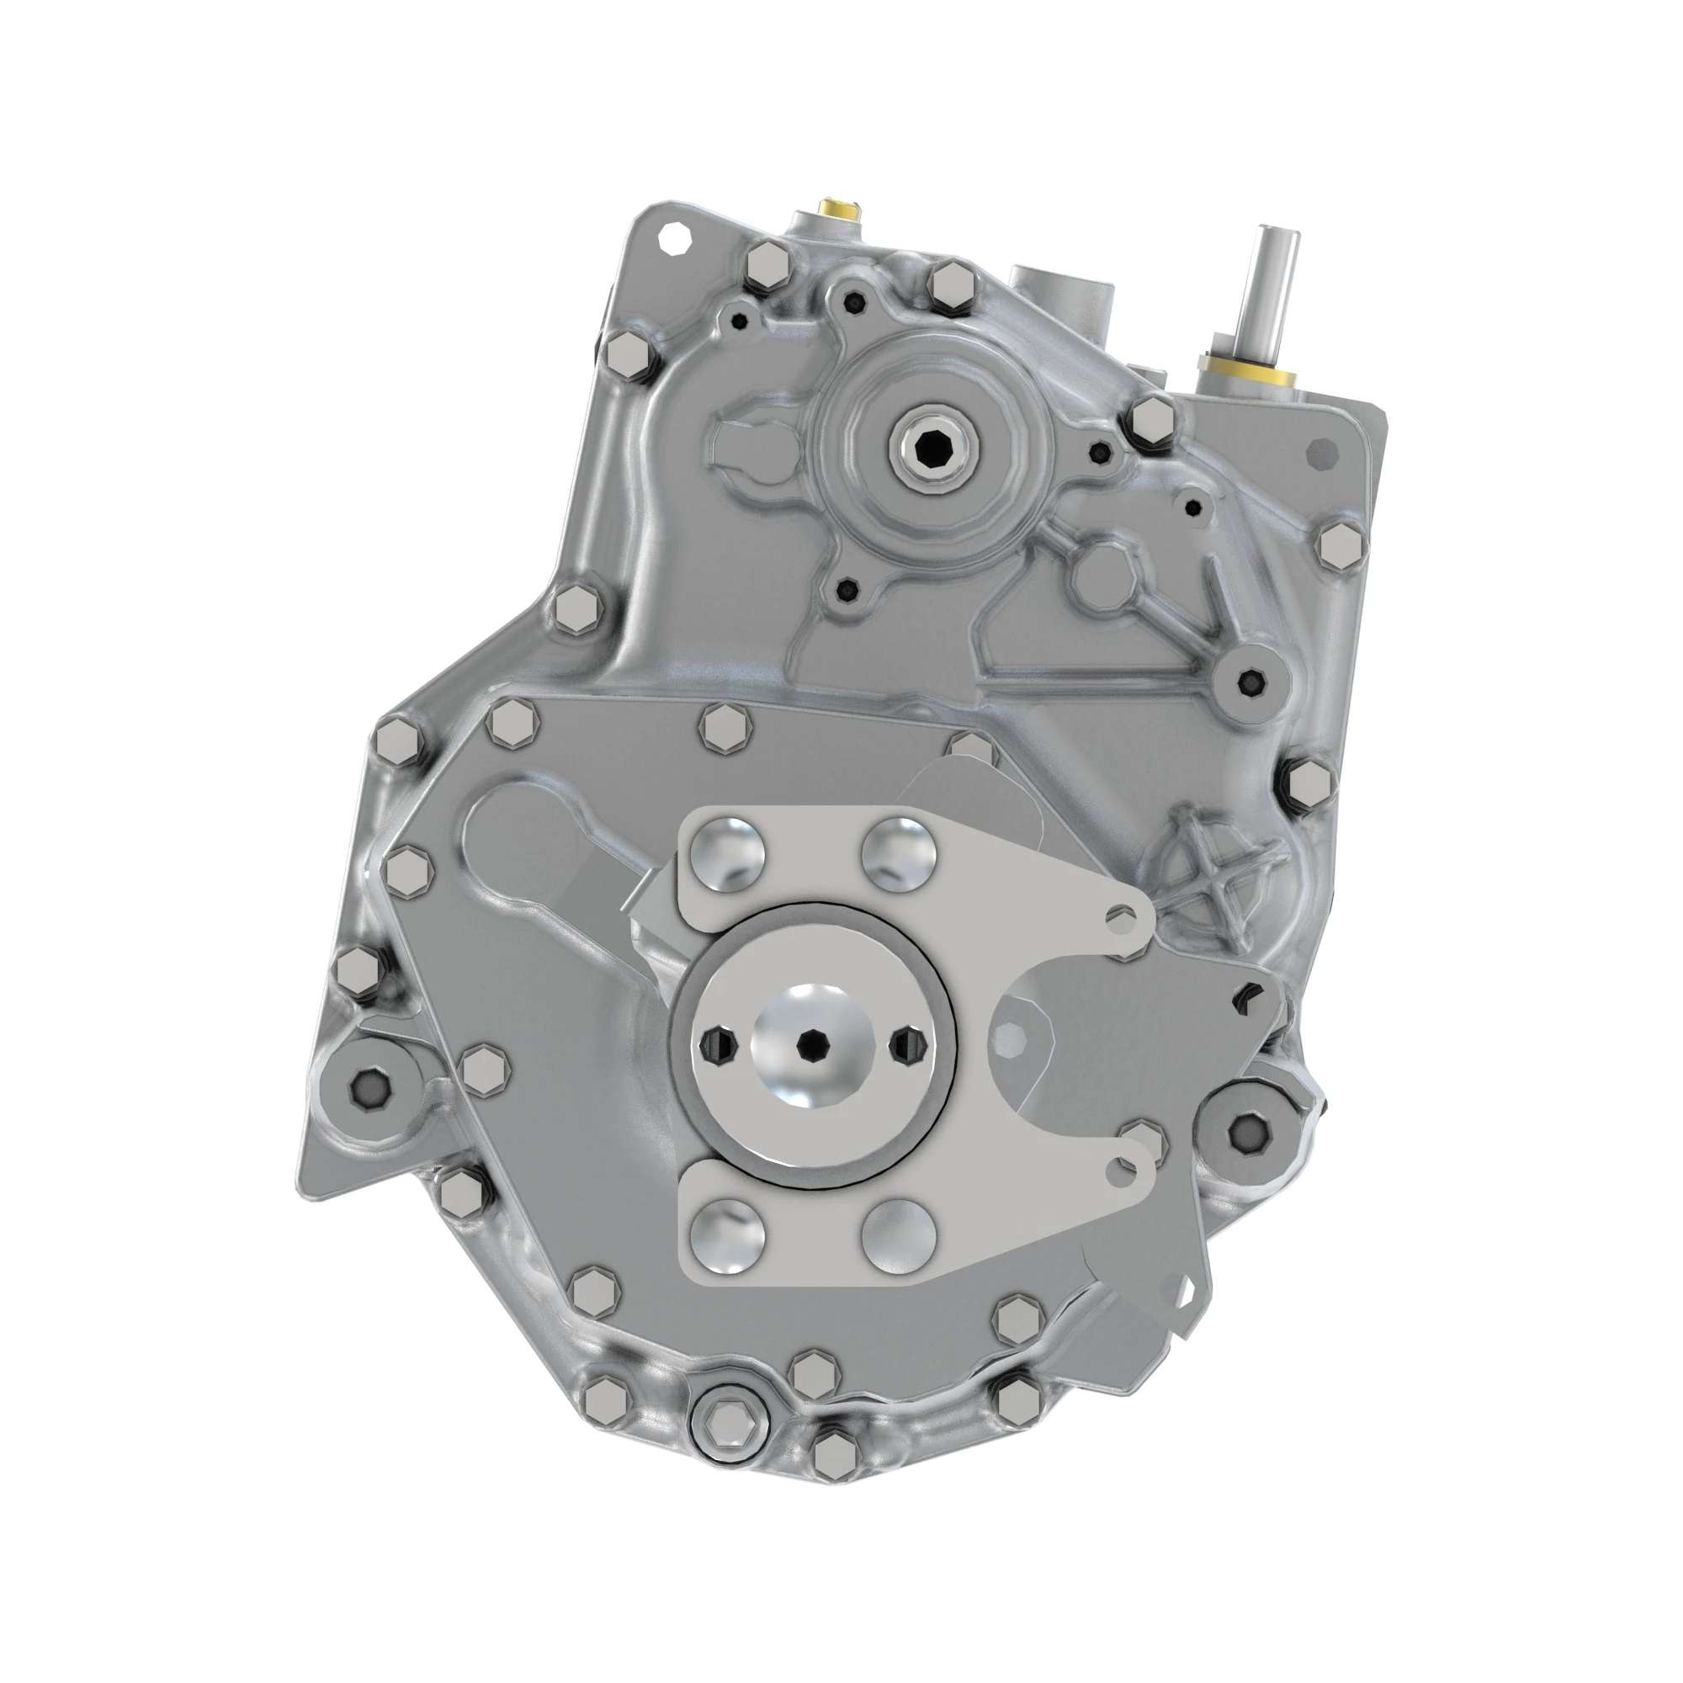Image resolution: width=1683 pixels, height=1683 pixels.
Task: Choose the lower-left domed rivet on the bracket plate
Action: click(x=728, y=1237)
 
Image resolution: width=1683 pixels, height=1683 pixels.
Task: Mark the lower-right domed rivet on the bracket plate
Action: click(x=898, y=1237)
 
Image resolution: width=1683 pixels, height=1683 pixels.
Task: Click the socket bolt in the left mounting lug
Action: click(x=365, y=1086)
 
